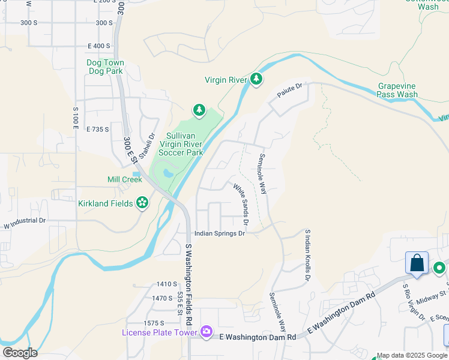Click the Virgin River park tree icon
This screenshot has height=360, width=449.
coord(256,79)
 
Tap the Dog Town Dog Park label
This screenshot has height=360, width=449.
coord(105,67)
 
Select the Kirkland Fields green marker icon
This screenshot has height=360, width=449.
coord(142,203)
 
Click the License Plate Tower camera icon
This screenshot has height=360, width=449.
coord(206,331)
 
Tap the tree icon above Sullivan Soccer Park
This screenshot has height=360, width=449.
coord(199,110)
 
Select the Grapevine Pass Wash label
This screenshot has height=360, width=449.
coord(397,90)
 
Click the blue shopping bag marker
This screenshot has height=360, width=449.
coord(417,263)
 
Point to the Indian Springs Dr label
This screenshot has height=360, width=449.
coord(219,233)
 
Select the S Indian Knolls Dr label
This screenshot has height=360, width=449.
coord(308,255)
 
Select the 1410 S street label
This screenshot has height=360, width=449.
coord(166,284)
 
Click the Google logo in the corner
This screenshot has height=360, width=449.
coord(20,353)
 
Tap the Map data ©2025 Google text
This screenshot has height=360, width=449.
coord(412,355)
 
